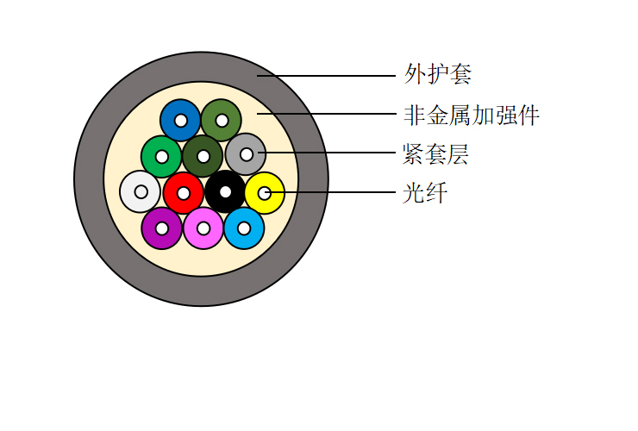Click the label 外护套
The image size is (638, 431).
[x=438, y=74]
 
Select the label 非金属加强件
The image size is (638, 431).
[x=472, y=115]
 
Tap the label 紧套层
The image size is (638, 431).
[x=435, y=154]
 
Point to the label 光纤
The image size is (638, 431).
[x=425, y=193]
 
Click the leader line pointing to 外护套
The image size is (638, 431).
[x=326, y=76]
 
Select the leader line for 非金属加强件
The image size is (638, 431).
[x=326, y=114]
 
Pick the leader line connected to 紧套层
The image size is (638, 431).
[x=327, y=153]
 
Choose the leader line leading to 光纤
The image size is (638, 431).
[x=330, y=192]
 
